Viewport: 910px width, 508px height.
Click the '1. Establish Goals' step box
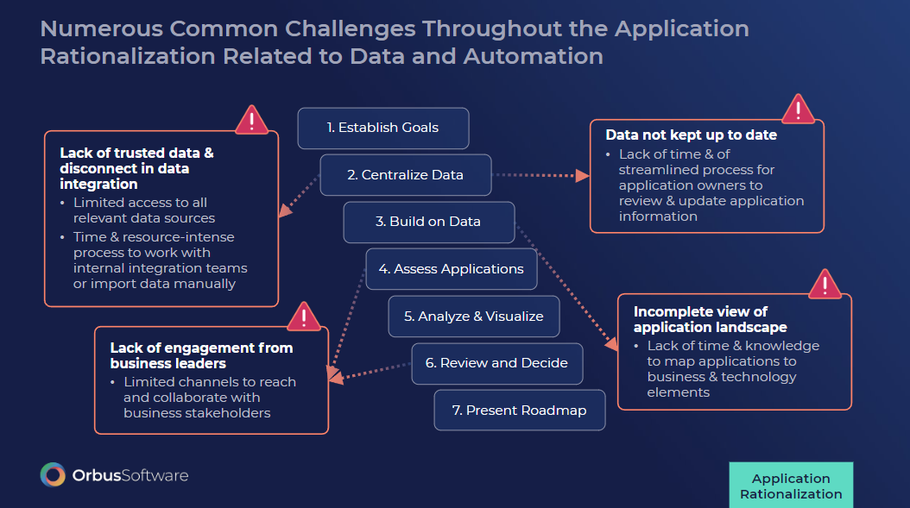pos(382,128)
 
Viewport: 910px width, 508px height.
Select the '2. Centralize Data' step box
pos(405,175)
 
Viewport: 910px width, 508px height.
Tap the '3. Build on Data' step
pos(428,222)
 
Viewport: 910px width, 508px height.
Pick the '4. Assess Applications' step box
pos(451,269)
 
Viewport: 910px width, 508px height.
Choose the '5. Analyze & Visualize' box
pos(473,317)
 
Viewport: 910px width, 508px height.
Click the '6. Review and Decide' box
pos(496,363)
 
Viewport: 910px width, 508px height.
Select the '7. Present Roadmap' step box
pos(519,411)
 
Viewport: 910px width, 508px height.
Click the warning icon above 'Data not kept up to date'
pos(798,110)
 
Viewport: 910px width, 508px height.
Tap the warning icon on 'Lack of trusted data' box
pos(251,120)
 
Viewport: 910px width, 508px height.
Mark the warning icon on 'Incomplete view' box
pos(825,284)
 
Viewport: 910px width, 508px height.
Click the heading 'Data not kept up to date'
pos(691,135)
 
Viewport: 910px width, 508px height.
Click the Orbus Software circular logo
pos(53,475)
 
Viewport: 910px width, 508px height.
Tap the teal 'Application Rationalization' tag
pos(790,486)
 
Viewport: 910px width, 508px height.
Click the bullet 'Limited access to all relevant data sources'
pos(143,210)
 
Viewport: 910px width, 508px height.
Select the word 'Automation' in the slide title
pos(533,57)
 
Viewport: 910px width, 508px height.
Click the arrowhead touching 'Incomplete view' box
pos(612,344)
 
